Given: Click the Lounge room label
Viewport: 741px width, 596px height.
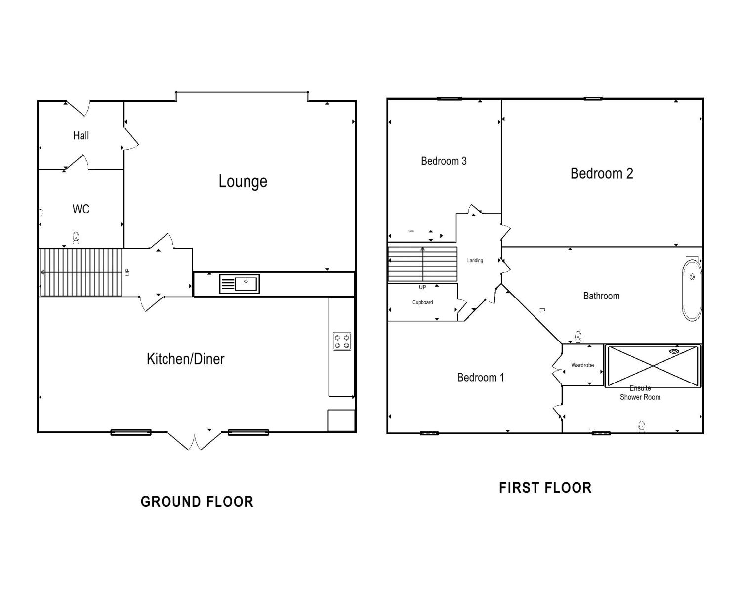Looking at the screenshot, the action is point(243,181).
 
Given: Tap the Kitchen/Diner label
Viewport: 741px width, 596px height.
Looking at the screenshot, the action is point(185,359).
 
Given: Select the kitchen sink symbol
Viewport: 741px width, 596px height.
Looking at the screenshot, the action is point(240,284).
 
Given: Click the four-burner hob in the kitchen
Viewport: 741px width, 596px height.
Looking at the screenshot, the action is point(342,341).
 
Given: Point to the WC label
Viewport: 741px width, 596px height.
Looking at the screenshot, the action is point(81,209).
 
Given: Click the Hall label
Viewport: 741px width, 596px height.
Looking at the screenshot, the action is point(81,135).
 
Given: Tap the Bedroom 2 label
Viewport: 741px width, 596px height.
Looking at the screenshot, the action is point(601,173).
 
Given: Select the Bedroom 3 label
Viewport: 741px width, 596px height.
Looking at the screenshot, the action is point(444,161).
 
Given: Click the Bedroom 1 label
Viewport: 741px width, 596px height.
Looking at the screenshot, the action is point(480,378).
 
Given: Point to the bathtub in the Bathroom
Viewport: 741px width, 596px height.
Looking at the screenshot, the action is point(692,290).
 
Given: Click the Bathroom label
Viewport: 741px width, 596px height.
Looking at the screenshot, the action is point(601,296).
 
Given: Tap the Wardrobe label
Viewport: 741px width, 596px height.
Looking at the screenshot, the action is point(582,365).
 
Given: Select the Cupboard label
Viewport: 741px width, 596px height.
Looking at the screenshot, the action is point(422,302).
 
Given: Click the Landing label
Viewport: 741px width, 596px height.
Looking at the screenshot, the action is point(475,260).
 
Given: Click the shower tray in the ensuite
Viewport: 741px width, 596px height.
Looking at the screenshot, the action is point(653,366).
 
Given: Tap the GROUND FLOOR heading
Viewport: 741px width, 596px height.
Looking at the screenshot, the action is point(197,502).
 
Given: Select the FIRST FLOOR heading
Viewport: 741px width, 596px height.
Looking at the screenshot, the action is point(545,488).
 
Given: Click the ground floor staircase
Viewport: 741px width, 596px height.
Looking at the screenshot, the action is point(81,272).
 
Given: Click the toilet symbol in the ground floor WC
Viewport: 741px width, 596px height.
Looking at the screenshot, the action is point(76,238).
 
